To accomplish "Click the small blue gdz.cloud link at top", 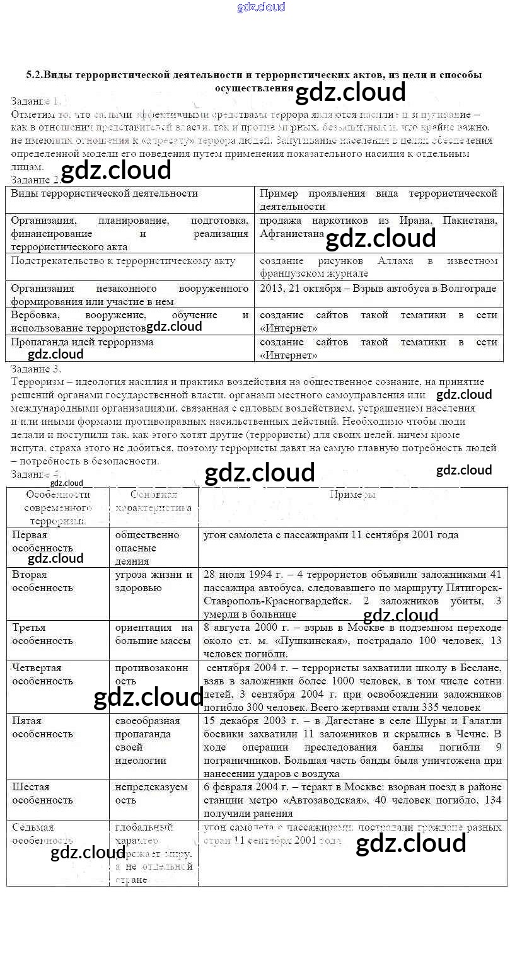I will tap(260, 7).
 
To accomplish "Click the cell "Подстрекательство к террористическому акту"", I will tap(123, 260).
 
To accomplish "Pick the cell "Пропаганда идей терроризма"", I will tap(82, 342).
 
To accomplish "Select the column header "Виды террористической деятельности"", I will tap(105, 193).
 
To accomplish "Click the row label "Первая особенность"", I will tap(42, 541).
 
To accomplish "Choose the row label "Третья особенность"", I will tap(42, 633).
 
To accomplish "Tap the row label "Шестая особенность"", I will tap(42, 793).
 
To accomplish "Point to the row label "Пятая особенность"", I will tap(42, 727).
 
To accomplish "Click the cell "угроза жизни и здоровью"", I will tap(153, 580).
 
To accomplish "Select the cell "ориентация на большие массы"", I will tap(153, 633).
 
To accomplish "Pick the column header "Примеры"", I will tap(352, 494).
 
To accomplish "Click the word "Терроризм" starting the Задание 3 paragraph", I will tap(36, 382).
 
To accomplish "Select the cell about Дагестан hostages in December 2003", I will tap(352, 747).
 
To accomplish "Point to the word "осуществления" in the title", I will tap(254, 88).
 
